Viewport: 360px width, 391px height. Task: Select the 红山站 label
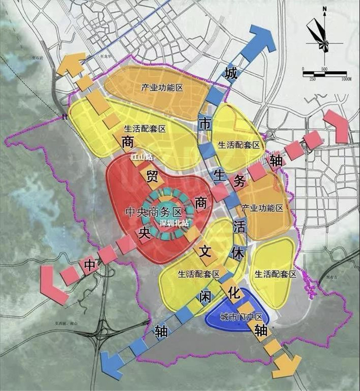tap(140, 158)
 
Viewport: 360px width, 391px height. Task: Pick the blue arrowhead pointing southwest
tap(113, 363)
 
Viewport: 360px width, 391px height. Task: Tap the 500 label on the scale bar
tap(324, 68)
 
